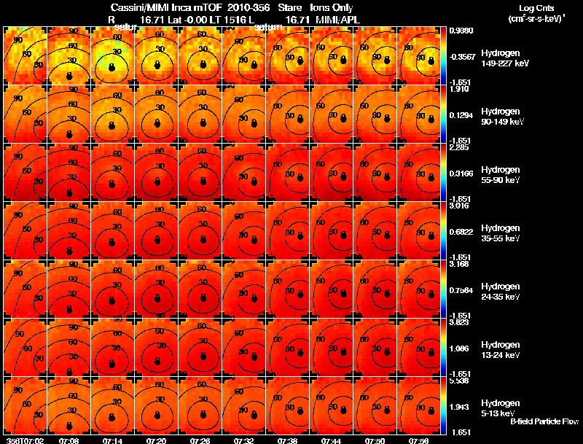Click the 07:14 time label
[112, 440]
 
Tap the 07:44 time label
[331, 440]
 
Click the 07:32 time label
[243, 440]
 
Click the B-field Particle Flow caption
[544, 422]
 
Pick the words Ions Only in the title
[332, 7]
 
